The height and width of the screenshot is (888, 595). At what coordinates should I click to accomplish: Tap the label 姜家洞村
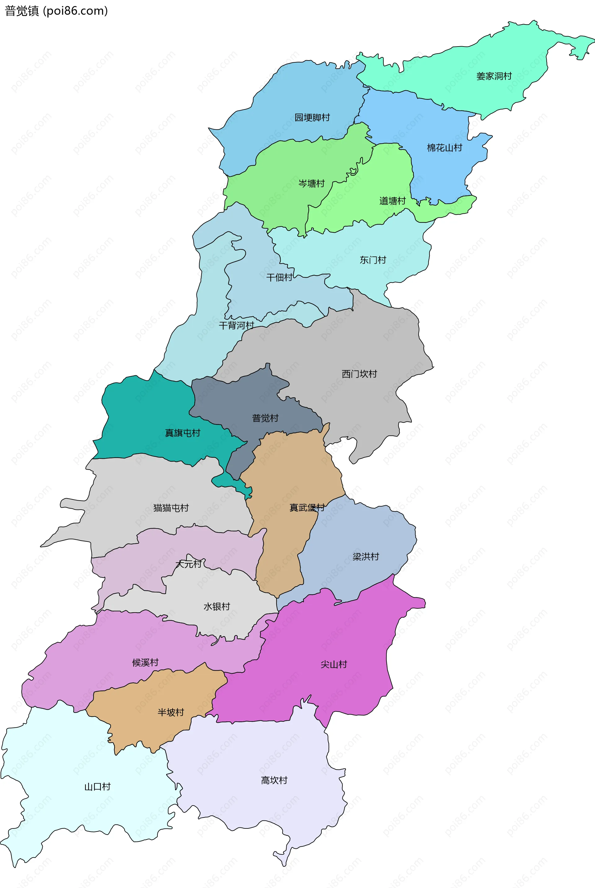tap(494, 76)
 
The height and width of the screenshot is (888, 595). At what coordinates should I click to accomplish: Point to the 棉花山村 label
tap(444, 148)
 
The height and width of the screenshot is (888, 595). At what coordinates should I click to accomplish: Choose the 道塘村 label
tap(392, 201)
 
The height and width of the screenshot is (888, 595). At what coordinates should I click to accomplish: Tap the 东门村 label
tap(372, 260)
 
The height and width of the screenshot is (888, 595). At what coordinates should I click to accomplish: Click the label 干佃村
tap(279, 277)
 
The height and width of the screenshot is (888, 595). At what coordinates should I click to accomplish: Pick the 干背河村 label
tap(236, 325)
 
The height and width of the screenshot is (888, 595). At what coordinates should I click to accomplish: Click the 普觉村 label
tap(265, 418)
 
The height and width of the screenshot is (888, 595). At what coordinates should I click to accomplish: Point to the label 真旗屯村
tap(182, 433)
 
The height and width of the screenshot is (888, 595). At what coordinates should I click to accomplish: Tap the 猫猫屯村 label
tap(171, 508)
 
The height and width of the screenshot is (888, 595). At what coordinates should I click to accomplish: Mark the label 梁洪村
tap(365, 556)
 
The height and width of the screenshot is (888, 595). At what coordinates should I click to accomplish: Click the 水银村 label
tap(217, 607)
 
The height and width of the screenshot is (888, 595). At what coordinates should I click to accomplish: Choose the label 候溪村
tap(145, 663)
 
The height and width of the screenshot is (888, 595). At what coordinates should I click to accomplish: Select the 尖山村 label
tap(333, 664)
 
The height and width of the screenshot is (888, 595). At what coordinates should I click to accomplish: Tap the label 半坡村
tap(171, 712)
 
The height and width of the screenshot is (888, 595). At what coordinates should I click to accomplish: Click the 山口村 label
tap(97, 787)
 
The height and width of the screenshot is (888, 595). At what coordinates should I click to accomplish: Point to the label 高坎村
tap(274, 780)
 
